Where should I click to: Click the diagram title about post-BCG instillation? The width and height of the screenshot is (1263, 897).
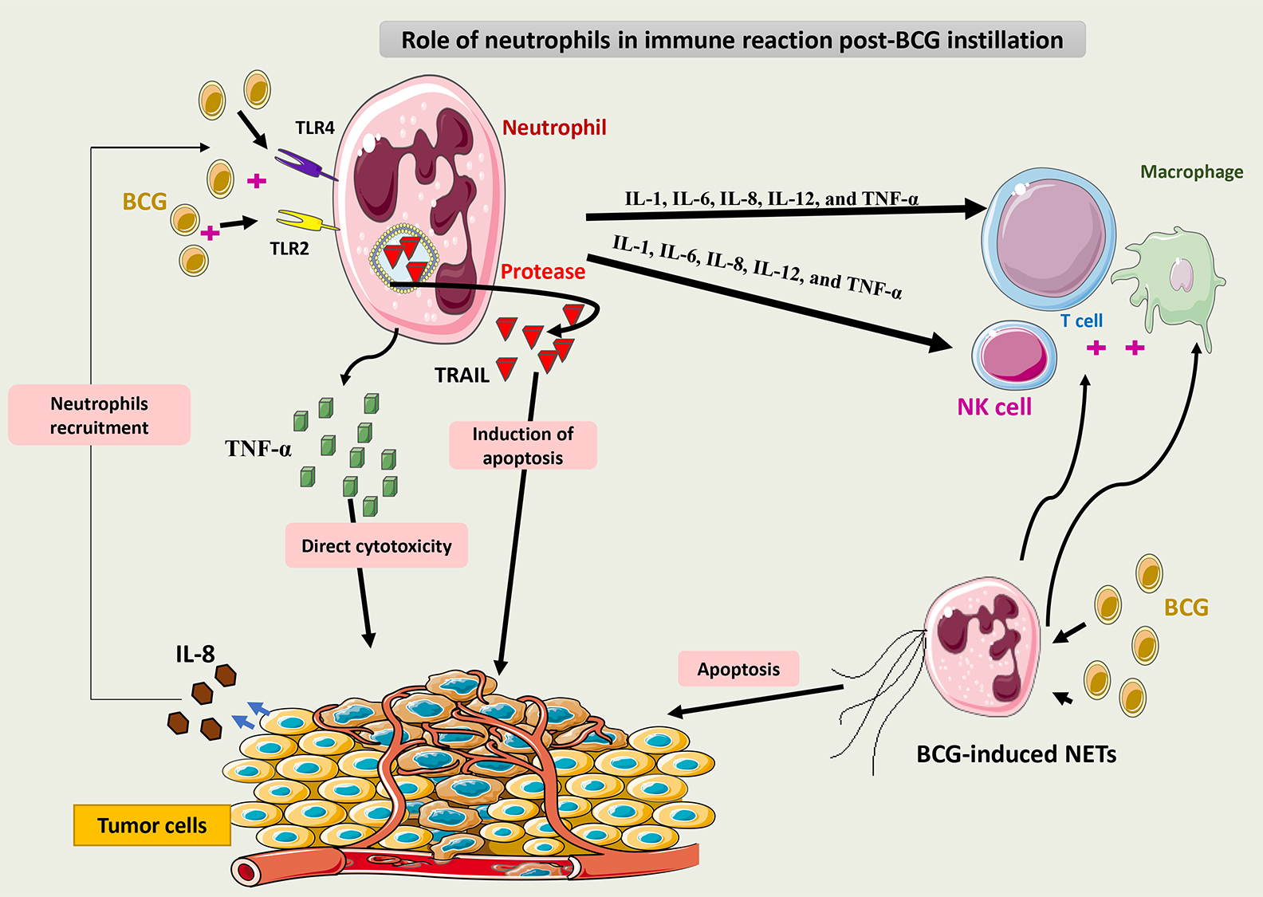point(732,40)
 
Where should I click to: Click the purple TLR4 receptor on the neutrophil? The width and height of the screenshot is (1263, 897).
point(303,163)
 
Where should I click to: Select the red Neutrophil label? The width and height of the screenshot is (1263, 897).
point(554,128)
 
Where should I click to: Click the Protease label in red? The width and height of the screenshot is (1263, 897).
point(543,272)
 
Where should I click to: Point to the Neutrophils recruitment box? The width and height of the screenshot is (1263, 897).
point(100,415)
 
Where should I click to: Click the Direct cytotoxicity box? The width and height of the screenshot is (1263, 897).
point(376,546)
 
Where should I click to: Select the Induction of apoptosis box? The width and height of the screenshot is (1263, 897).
point(523,446)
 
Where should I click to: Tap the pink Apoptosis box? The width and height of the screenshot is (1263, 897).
point(738,669)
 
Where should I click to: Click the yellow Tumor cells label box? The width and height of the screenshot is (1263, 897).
point(152,825)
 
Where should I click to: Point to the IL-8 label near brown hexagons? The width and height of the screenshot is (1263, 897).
point(195,655)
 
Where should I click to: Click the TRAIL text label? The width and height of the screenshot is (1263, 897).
point(462,375)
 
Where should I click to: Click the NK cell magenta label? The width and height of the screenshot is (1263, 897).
point(994,407)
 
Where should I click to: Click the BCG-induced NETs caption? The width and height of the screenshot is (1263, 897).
point(1016,754)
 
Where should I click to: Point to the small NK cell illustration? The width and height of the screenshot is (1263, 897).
point(1013,355)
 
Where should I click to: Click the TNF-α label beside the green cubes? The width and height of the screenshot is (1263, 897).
point(258,449)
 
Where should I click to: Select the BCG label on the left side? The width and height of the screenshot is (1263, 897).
point(144,202)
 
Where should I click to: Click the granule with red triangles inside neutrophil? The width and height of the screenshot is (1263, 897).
point(403,257)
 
